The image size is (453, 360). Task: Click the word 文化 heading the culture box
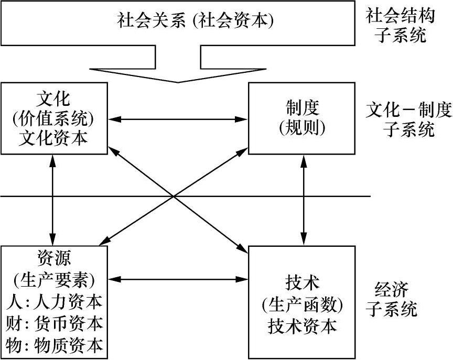[x=55, y=98]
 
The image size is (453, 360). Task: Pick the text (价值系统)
[x=55, y=118]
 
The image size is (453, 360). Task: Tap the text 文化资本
[x=55, y=138]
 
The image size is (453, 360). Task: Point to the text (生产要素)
[x=55, y=278]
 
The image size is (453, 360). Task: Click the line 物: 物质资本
[x=55, y=345]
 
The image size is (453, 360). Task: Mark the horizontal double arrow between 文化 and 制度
[x=178, y=119]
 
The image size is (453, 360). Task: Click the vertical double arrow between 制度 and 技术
[x=304, y=200]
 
